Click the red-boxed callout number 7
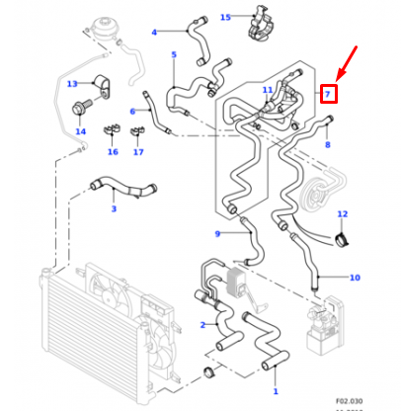329,95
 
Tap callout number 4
154,33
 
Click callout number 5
174,55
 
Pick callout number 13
72,85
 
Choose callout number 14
80,131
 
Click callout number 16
113,152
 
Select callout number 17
138,152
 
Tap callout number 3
113,208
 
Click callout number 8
328,145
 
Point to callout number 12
343,214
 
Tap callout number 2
201,324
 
